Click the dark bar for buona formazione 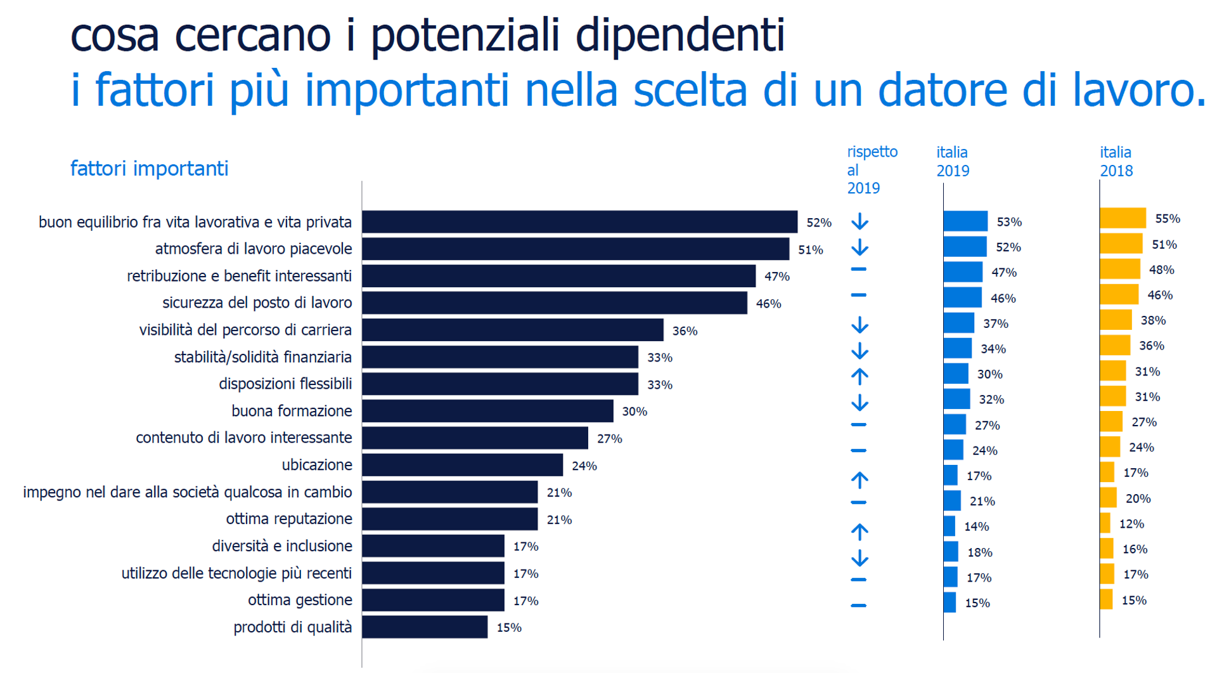487,411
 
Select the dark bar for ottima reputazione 449,519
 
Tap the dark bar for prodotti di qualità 425,627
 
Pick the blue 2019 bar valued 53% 965,221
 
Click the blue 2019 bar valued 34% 957,348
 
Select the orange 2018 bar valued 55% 1123,218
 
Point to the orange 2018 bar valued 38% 1116,320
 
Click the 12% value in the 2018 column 1131,524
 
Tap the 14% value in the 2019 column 976,526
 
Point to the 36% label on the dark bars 685,330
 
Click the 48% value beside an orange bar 1161,270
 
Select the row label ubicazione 317,465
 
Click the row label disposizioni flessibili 285,384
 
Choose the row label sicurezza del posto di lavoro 257,303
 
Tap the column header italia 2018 1116,161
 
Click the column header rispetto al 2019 872,169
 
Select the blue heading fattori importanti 149,169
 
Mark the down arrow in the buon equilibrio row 860,221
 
